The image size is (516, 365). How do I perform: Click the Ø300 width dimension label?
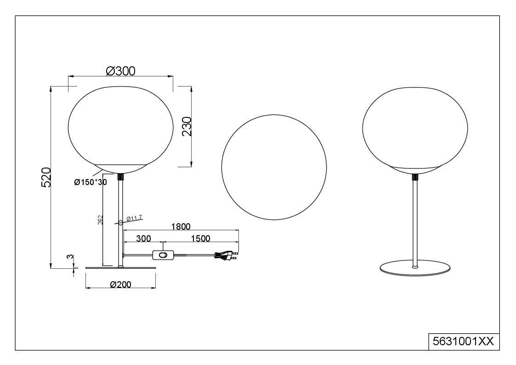click(120, 71)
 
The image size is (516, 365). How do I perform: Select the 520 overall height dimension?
click(46, 177)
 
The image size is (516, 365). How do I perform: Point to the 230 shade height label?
click(187, 126)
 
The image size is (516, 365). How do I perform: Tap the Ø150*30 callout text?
click(91, 182)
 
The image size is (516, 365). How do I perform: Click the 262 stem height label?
click(100, 220)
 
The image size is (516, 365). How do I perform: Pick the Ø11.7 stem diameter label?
click(134, 218)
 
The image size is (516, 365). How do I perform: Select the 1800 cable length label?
click(181, 226)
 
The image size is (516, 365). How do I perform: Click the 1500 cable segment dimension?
click(200, 238)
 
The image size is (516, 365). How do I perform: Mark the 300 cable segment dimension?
click(143, 238)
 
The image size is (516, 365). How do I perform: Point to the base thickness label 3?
click(69, 257)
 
